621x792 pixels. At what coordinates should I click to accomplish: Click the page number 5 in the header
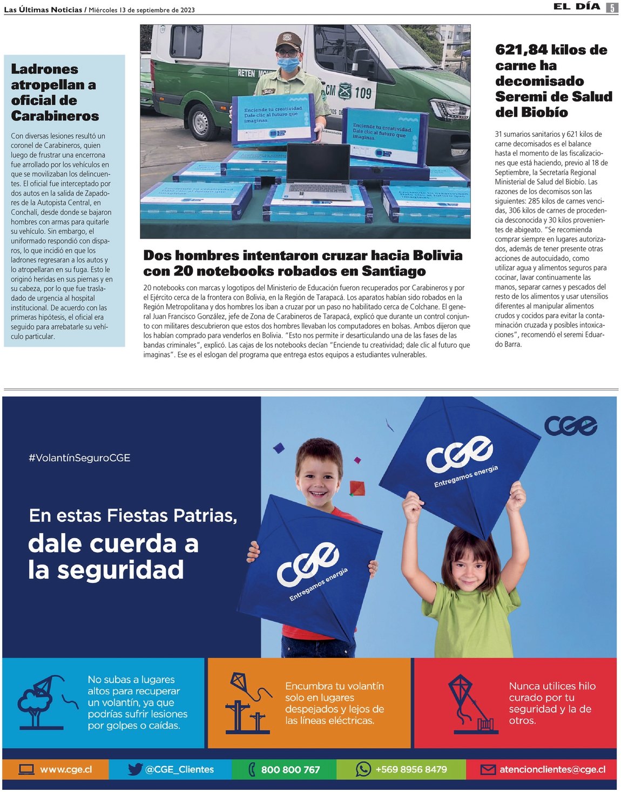click(612, 8)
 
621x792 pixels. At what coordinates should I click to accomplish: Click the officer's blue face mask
click(288, 64)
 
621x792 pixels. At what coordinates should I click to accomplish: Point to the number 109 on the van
click(363, 93)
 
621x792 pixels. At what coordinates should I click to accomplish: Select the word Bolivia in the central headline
click(437, 256)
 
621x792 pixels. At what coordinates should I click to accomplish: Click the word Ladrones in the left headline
click(44, 69)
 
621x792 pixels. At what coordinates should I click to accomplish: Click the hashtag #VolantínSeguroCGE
click(79, 458)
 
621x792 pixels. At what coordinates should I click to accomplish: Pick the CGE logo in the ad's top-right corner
click(570, 426)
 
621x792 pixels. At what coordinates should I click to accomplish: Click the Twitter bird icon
click(135, 769)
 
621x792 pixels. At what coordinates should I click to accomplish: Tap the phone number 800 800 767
click(291, 770)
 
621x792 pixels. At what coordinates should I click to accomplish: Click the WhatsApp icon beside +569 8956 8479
click(363, 769)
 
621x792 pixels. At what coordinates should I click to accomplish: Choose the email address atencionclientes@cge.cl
click(552, 769)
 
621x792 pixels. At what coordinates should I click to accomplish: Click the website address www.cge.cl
click(66, 769)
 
